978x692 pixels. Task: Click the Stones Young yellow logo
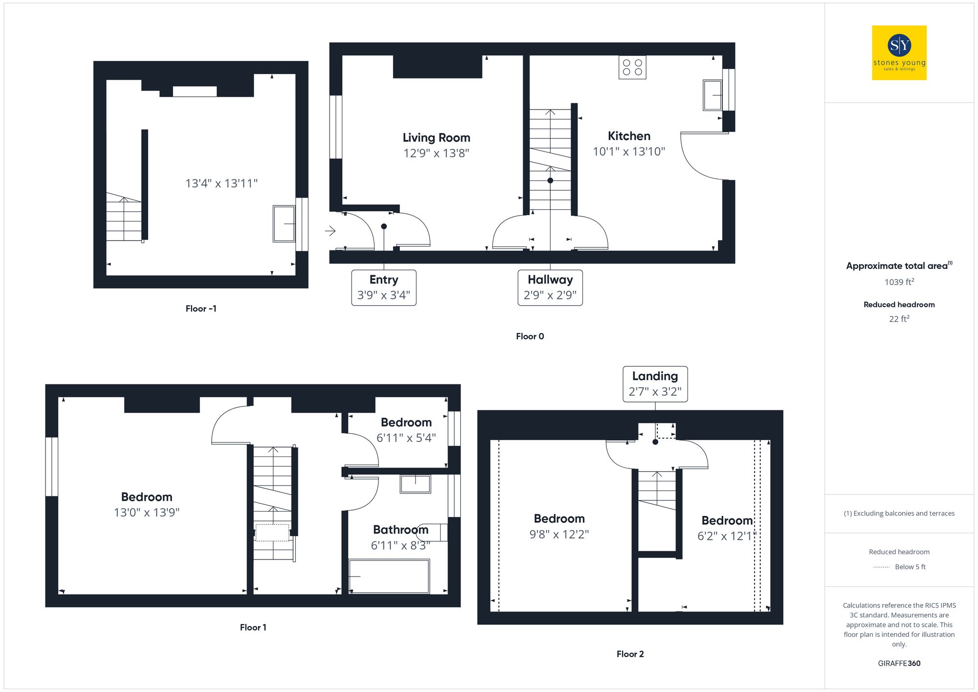coord(899,53)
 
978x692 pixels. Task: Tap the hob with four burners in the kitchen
coord(632,67)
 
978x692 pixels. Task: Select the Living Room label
coord(436,138)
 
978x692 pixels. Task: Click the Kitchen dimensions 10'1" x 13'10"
coord(629,152)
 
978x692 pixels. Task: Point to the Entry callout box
coord(384,288)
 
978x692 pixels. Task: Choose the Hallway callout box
coord(550,288)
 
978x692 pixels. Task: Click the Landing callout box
coord(655,384)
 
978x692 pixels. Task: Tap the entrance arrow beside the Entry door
coord(331,230)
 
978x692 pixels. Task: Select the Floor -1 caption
coord(201,309)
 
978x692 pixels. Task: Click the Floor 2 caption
coord(630,654)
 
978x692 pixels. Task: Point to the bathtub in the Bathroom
coord(389,576)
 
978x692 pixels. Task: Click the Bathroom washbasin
coord(415,484)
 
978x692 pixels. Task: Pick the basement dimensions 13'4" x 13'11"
coord(221,183)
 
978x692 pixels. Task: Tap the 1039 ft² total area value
coord(899,282)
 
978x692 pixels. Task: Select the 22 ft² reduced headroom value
coord(899,319)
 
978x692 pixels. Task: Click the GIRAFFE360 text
coord(899,663)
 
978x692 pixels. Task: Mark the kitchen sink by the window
coord(712,95)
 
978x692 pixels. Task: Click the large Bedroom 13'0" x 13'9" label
coord(147,505)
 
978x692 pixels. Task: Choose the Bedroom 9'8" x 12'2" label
coord(559,526)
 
